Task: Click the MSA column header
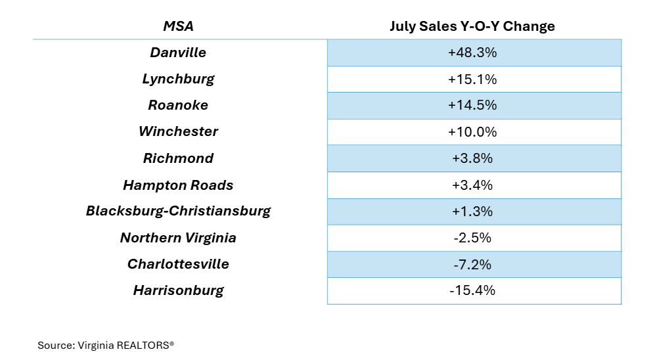coord(178,26)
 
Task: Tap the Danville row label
coord(178,53)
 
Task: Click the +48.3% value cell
coord(472,53)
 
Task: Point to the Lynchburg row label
coord(178,79)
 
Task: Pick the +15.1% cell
coord(472,79)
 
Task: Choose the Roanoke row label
coord(178,105)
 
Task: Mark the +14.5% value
coord(472,105)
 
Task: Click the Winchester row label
coord(178,131)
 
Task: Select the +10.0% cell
coord(472,132)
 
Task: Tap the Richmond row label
coord(178,158)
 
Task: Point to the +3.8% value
coord(472,158)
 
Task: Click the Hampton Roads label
coord(178,185)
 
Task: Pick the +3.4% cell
coord(472,185)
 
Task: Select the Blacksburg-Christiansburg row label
coord(178,212)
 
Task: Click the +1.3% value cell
coord(472,212)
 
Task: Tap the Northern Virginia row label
coord(178,238)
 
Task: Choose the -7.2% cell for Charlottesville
coord(472,264)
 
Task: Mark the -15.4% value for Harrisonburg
coord(472,290)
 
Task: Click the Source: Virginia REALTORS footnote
coord(106,344)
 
